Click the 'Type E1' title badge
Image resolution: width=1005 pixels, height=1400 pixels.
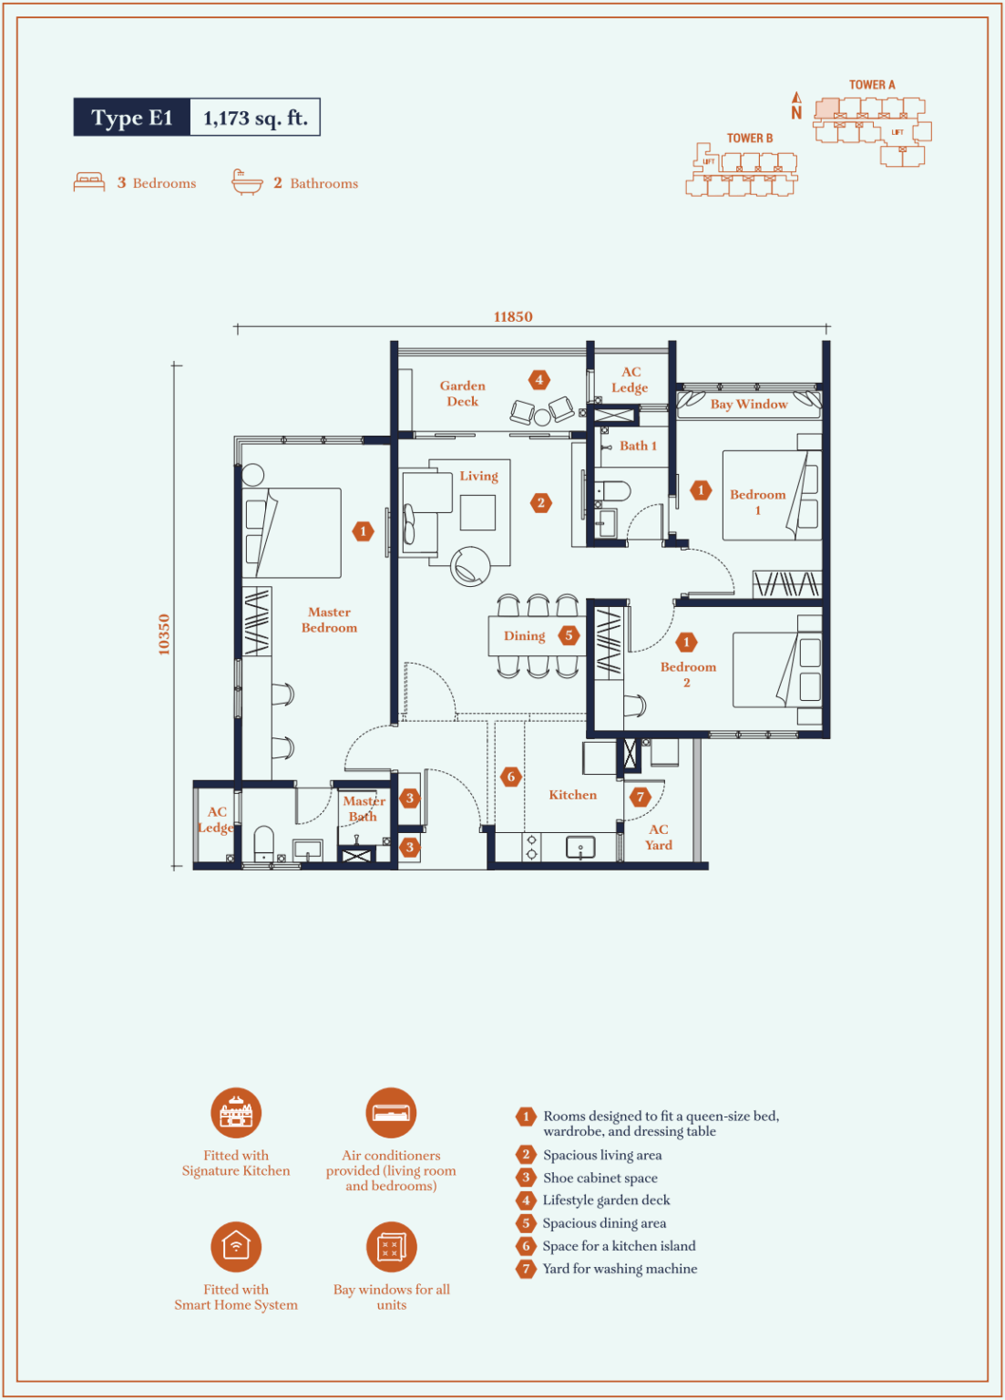pos(132,117)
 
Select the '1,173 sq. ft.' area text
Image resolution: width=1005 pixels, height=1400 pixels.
pos(255,118)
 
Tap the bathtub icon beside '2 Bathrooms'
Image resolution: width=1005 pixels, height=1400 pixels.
pos(247,182)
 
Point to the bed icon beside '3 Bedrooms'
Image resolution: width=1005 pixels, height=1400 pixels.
pos(89,182)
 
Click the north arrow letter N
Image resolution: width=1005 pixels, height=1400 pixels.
pos(796,112)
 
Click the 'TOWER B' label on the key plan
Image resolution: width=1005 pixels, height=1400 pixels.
pos(750,139)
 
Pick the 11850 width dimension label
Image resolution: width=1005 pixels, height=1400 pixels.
pos(513,317)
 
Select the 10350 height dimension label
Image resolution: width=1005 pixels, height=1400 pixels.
pos(164,634)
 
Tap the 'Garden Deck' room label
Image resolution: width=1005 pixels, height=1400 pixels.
pos(462,393)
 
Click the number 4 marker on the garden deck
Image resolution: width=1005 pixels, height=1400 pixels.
pos(539,379)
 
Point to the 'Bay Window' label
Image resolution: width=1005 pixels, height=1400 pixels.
pos(749,404)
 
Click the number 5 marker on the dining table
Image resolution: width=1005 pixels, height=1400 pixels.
pos(569,635)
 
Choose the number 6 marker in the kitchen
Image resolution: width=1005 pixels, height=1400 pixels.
pos(511,777)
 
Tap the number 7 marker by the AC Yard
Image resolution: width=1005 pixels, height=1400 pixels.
pos(640,797)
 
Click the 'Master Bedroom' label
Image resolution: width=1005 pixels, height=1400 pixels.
pos(329,620)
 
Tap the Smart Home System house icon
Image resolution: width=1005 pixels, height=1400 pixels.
pos(235,1247)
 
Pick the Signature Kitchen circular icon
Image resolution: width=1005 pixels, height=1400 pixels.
pos(235,1113)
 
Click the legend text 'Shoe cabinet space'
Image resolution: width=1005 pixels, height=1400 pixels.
pos(600,1178)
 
